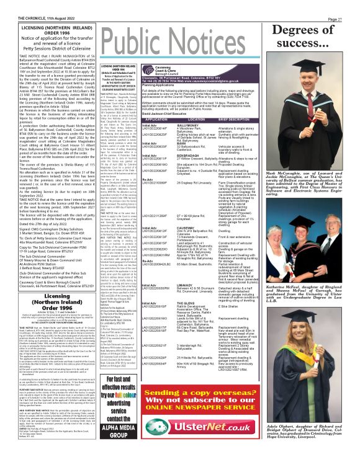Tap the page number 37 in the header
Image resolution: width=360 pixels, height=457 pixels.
pos(351,4)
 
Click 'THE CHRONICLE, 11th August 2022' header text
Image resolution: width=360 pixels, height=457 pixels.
pos(28,4)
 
